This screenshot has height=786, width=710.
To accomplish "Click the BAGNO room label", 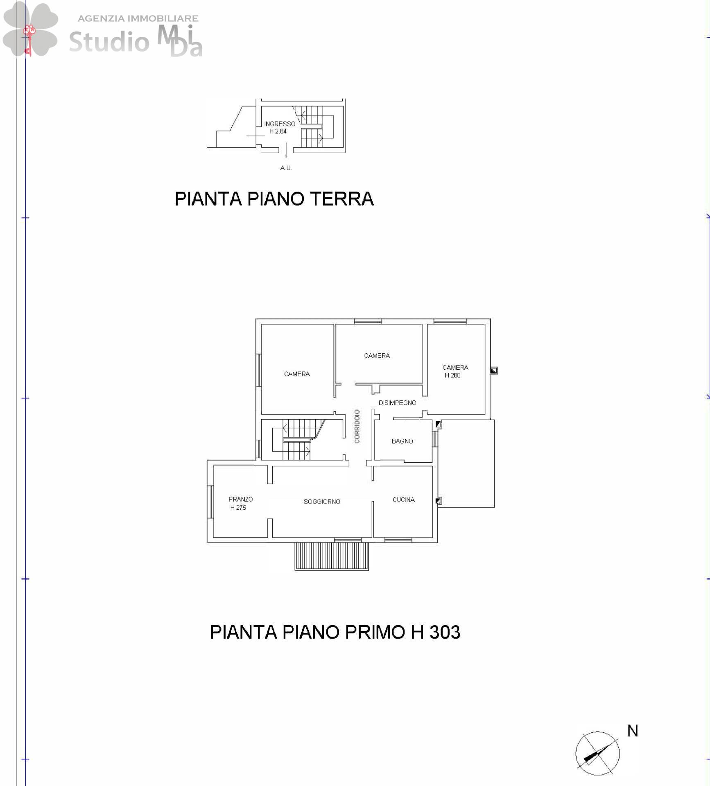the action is pyautogui.click(x=402, y=441).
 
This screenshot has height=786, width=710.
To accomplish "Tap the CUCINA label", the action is pyautogui.click(x=404, y=500).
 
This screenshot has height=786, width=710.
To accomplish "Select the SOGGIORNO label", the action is pyautogui.click(x=322, y=502).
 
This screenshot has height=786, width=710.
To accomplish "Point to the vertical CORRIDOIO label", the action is pyautogui.click(x=357, y=426).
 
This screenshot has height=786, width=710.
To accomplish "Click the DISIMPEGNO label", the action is pyautogui.click(x=397, y=403).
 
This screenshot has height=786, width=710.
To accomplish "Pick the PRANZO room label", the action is pyautogui.click(x=241, y=499).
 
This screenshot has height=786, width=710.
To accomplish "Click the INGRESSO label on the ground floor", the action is pyautogui.click(x=280, y=124).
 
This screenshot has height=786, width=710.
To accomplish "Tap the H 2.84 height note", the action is pyautogui.click(x=278, y=131).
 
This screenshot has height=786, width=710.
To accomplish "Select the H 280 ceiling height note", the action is pyautogui.click(x=452, y=375).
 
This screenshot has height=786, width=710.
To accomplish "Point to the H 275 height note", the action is pyautogui.click(x=238, y=508).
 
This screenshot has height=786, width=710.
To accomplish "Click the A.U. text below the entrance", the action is pyautogui.click(x=286, y=168).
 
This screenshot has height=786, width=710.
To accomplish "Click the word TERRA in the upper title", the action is pyautogui.click(x=342, y=199).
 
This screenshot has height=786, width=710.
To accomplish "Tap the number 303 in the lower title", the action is pyautogui.click(x=445, y=632).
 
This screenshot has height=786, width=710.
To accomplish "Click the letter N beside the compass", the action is pyautogui.click(x=633, y=731).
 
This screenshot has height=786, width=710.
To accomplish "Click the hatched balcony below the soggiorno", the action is pyautogui.click(x=332, y=556).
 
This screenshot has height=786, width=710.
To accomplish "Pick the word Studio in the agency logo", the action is pyautogui.click(x=109, y=41).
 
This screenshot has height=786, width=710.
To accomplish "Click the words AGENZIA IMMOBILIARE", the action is pyautogui.click(x=138, y=18).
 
